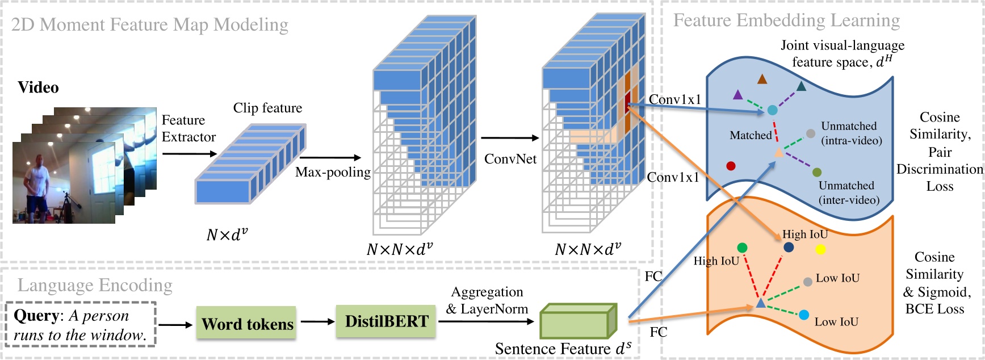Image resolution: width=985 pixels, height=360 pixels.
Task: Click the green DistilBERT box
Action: click(x=387, y=321)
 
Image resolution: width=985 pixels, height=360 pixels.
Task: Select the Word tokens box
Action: click(x=247, y=324)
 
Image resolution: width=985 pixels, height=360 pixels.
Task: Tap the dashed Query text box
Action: click(x=80, y=325)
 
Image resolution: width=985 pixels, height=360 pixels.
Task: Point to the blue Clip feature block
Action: click(x=250, y=164)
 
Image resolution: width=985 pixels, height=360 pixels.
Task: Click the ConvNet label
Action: click(x=510, y=159)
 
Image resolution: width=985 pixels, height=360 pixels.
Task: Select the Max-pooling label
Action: click(x=333, y=172)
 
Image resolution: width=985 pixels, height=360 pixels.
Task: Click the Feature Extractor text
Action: click(x=188, y=128)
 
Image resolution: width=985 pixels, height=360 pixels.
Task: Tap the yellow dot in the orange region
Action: click(x=820, y=249)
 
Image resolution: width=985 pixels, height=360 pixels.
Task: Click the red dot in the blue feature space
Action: click(x=731, y=166)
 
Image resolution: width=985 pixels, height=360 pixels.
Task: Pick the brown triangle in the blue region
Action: click(x=762, y=79)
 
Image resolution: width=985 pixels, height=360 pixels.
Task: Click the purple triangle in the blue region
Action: click(x=737, y=95)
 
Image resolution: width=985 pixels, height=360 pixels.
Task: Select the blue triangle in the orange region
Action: click(x=761, y=304)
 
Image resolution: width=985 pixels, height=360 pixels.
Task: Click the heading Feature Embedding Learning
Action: click(x=786, y=20)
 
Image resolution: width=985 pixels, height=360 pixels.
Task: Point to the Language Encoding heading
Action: click(x=95, y=285)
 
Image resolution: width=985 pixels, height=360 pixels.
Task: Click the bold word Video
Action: click(x=38, y=87)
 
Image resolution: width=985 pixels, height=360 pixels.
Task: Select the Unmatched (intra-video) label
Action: click(x=850, y=133)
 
